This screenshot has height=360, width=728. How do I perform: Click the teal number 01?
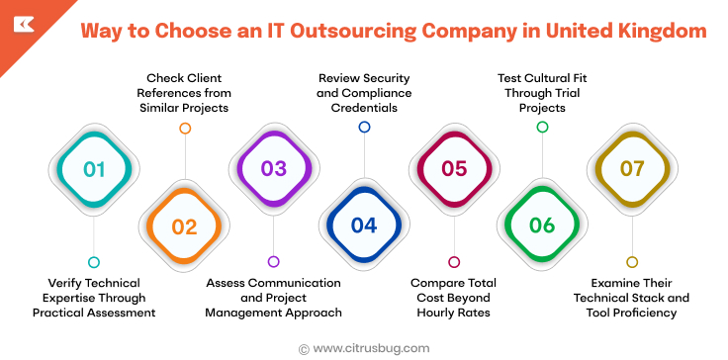coord(94,169)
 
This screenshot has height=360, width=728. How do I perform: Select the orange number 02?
coord(184,226)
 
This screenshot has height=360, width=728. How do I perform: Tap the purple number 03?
coord(274,169)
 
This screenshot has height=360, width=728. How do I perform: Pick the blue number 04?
coord(364,226)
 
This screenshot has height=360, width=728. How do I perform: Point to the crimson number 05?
coord(454,169)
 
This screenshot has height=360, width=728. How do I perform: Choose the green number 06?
coord(542,226)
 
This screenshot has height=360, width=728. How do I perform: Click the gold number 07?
coord(632,169)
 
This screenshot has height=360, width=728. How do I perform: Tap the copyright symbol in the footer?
coord(304,348)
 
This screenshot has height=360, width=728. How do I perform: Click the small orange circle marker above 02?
coord(184,128)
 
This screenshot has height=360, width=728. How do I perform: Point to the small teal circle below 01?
coord(94,262)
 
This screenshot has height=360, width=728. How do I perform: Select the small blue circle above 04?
coord(364,127)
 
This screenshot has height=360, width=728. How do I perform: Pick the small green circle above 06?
coord(542,127)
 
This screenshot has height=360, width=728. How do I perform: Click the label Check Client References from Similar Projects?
coord(184,92)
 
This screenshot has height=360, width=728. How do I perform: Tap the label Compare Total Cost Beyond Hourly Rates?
coord(454,298)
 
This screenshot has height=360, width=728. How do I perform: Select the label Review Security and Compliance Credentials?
coord(364,92)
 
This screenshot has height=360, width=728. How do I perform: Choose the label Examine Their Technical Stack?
coord(632,298)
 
